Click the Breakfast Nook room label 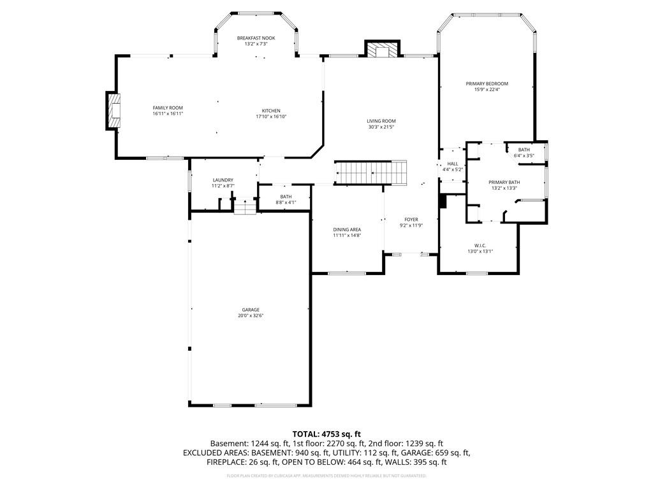256,38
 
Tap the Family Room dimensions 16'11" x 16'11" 168,114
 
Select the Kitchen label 271,111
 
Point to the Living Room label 381,121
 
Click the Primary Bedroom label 487,84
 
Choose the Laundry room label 223,180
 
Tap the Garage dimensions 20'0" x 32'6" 251,316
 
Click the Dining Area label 347,229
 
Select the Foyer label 411,220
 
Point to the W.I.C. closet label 480,245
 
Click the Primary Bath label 504,182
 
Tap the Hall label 453,164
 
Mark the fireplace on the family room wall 114,110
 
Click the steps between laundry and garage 244,207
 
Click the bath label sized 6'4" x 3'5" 524,152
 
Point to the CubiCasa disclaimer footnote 326,476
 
